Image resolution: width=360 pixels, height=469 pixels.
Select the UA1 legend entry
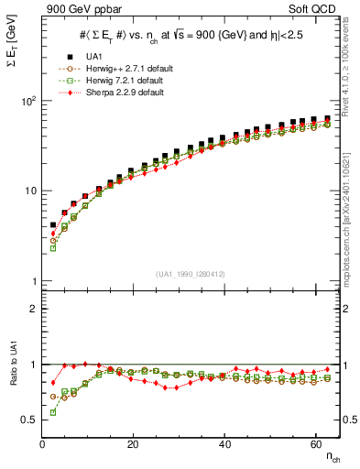click(92, 57)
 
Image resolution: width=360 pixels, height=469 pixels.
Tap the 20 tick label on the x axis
click(134, 444)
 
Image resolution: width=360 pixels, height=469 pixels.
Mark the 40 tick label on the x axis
click(224, 444)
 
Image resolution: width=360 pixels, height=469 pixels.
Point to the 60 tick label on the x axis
click(315, 444)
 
